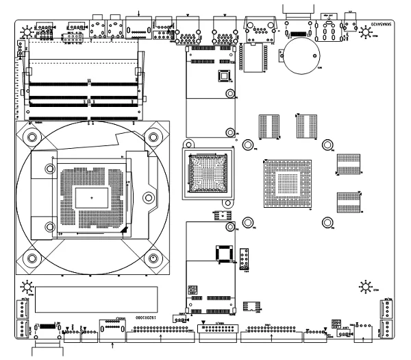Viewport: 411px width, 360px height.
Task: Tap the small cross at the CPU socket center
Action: pos(92,197)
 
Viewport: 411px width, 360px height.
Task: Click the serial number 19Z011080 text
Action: pos(152,317)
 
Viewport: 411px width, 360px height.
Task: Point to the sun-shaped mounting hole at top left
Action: pos(27,31)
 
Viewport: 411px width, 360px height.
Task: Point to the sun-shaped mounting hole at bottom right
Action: pos(365,286)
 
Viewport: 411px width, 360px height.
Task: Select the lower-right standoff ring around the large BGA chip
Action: pos(327,222)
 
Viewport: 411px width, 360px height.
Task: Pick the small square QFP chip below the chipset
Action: pos(223,253)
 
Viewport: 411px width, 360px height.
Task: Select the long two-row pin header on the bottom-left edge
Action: pos(161,329)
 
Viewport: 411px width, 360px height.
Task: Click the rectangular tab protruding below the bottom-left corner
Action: pos(49,352)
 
